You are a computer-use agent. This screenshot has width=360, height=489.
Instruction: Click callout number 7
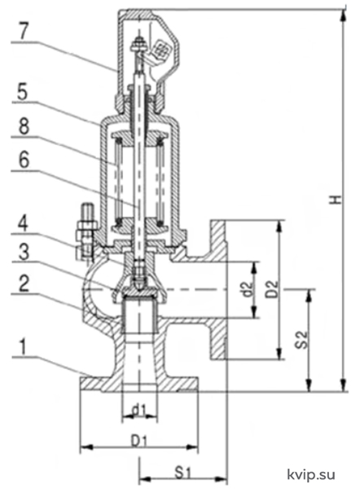24,31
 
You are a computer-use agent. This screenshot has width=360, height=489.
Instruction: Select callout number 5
22,91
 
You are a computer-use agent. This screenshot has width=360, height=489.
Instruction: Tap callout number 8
24,126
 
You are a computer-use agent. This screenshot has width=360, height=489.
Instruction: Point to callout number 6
24,160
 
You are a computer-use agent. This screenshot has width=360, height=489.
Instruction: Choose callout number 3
24,252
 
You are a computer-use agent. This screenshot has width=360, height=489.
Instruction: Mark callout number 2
24,284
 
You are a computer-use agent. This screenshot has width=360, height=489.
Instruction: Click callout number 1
24,347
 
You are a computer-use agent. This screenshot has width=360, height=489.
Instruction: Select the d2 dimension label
247,289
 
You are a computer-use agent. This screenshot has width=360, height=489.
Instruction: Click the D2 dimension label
272,289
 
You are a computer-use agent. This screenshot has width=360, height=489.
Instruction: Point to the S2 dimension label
301,339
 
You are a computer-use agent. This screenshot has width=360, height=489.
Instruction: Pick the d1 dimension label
138,411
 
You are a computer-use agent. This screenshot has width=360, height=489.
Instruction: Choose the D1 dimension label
138,441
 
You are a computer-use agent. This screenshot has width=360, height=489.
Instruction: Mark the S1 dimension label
182,473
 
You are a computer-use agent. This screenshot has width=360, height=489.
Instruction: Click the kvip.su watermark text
311,474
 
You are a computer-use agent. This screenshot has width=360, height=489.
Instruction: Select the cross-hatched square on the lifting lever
160,49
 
